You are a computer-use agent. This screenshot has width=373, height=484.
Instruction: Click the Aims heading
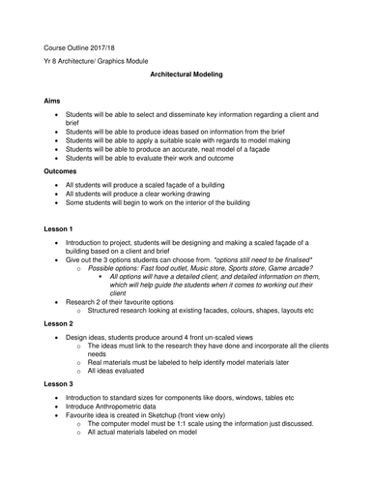pos(54,100)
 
